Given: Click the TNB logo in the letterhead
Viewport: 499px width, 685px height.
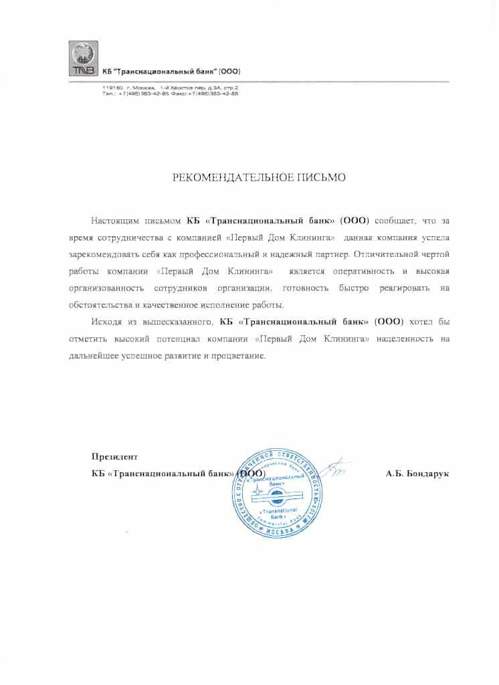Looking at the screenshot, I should coord(83,59).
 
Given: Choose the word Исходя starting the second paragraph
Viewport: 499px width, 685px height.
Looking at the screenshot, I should coord(108,322).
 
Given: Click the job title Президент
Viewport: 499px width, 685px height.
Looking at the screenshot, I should coord(114,458).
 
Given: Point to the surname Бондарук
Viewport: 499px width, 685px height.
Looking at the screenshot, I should coord(427,474).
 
